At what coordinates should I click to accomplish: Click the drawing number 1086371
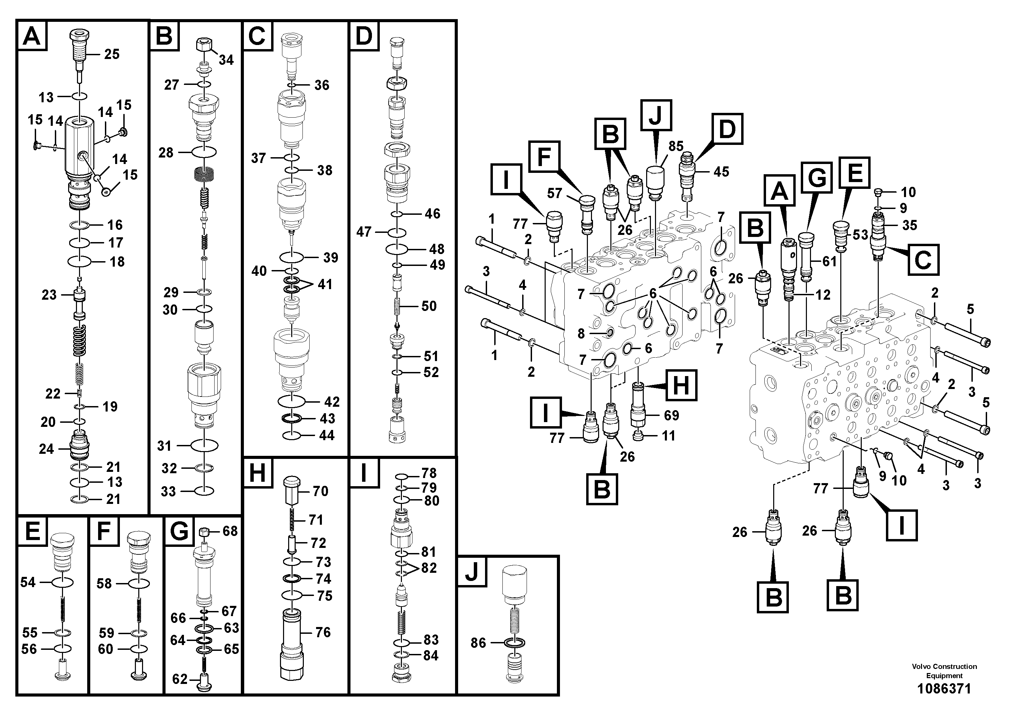(944, 689)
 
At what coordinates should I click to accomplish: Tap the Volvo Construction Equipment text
(944, 671)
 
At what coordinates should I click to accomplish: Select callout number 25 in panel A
(112, 54)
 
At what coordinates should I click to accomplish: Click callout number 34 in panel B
(226, 60)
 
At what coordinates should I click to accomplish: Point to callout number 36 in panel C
(322, 85)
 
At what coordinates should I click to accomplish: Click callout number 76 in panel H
(323, 632)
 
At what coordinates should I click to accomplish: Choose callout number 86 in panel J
(478, 643)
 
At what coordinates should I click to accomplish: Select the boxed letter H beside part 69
(681, 386)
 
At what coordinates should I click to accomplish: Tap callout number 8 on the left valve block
(581, 333)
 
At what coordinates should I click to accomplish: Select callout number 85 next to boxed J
(676, 146)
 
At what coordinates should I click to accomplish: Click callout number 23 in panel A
(49, 295)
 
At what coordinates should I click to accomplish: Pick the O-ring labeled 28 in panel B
(204, 152)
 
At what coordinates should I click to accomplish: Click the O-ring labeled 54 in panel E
(62, 583)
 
